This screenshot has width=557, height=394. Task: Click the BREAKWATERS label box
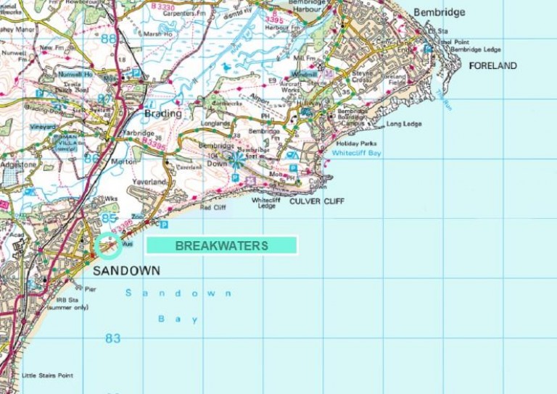pyautogui.click(x=221, y=246)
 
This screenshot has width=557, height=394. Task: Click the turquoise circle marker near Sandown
pyautogui.click(x=108, y=246)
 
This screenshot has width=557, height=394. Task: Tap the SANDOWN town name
pyautogui.click(x=126, y=270)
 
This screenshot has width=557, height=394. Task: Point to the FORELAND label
pyautogui.click(x=493, y=66)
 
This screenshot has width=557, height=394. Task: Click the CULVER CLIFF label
pyautogui.click(x=317, y=201)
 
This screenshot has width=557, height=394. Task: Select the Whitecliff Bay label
pyautogui.click(x=356, y=154)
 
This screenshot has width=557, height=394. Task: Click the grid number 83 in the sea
pyautogui.click(x=112, y=338)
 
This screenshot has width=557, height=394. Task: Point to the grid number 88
pyautogui.click(x=107, y=38)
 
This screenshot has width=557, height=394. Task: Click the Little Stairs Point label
pyautogui.click(x=47, y=375)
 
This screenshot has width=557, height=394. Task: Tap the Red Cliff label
pyautogui.click(x=213, y=207)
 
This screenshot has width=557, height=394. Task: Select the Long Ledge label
pyautogui.click(x=405, y=124)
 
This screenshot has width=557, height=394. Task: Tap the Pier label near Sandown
pyautogui.click(x=90, y=289)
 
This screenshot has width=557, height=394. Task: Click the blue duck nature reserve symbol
pyautogui.click(x=227, y=67)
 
